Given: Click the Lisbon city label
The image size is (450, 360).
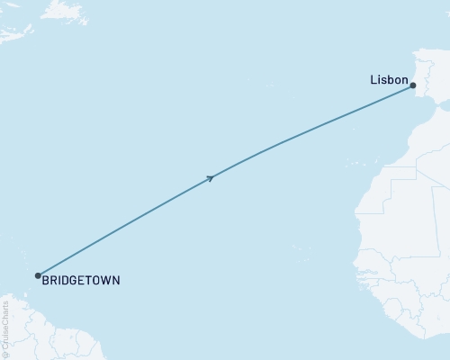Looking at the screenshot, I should [388, 79].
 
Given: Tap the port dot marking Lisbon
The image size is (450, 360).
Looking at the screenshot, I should [413, 85].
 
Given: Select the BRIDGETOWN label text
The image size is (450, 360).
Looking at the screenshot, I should [80, 281].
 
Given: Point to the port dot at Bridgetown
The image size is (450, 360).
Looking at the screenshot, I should [38, 275].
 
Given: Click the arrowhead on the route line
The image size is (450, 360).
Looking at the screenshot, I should [210, 178].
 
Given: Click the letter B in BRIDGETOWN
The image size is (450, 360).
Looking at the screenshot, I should [44, 281].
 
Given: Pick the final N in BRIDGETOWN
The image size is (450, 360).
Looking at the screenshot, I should [114, 281].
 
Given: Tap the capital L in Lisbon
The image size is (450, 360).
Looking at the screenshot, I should [373, 79].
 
